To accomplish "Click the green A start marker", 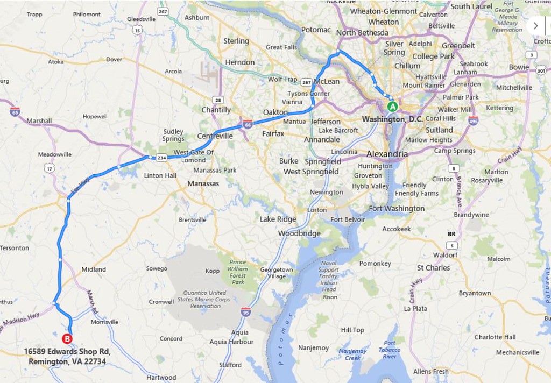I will [393, 106].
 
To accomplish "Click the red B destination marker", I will [67, 339].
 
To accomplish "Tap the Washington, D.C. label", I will [392, 119].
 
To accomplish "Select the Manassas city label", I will [203, 183].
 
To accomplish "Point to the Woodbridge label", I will [299, 233].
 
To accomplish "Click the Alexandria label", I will [387, 154].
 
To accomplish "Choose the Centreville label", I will [215, 136].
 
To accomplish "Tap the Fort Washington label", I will [397, 209].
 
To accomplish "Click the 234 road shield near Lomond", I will [162, 158].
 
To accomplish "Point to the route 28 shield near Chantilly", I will [217, 100].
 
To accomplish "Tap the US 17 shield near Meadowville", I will [50, 168].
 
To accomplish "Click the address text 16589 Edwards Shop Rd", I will [67, 351].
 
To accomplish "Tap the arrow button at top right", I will [535, 25].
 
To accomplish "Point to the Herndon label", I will [240, 62].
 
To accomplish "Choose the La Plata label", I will [415, 309].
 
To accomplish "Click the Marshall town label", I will [39, 121].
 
